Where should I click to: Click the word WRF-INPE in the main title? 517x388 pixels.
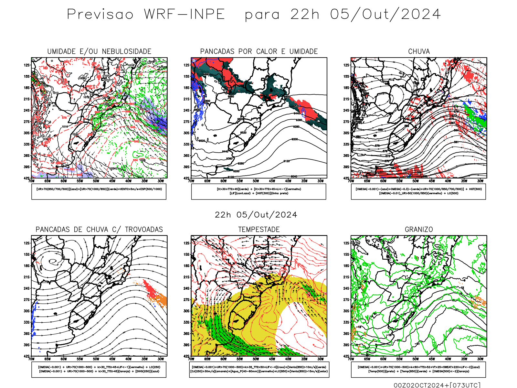[x=184, y=14]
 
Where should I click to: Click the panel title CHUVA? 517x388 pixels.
[x=419, y=51]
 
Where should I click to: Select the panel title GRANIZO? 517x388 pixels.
[x=419, y=230]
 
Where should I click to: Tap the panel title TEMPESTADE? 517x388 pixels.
[x=259, y=230]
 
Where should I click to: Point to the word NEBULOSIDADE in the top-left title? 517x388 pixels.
[x=126, y=51]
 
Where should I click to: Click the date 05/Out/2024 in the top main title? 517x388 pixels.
[x=385, y=14]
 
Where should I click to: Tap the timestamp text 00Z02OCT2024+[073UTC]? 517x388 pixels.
[x=437, y=385]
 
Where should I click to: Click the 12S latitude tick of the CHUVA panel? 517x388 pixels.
[x=346, y=65]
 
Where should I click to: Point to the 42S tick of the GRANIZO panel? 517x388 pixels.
[x=346, y=356]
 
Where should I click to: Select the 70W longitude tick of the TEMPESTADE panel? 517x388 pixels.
[x=191, y=359]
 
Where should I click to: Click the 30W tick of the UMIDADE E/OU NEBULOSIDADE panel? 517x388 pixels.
[x=161, y=181]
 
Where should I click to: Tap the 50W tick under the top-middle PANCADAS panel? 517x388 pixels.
[x=256, y=181]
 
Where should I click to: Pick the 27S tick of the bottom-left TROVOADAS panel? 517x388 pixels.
[x=26, y=300]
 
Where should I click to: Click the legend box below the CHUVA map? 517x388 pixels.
[x=418, y=191]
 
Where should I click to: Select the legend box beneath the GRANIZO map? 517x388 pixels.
[x=418, y=369]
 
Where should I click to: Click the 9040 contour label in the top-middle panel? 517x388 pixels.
[x=294, y=177]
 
